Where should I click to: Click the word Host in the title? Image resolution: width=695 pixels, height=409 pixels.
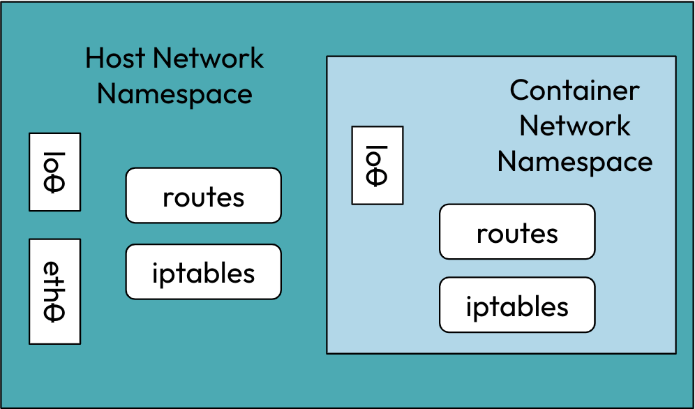click(114, 58)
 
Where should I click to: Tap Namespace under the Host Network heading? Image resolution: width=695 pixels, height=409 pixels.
click(174, 94)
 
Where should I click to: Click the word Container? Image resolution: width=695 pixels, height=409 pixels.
click(574, 90)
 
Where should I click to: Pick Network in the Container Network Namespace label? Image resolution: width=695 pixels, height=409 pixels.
click(574, 126)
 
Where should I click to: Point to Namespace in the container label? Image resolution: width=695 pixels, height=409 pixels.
click(574, 162)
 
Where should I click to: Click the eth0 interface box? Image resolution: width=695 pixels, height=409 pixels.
click(54, 292)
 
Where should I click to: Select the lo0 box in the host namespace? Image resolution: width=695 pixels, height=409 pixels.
click(54, 172)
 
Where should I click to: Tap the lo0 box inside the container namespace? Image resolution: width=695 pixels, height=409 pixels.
click(377, 165)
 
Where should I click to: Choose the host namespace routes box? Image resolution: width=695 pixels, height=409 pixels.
click(203, 195)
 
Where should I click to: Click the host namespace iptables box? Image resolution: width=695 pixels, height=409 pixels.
click(203, 272)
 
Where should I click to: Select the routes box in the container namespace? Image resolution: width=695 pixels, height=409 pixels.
click(517, 232)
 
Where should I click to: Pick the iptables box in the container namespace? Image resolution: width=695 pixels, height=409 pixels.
click(517, 305)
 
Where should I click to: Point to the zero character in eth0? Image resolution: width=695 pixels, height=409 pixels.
click(54, 313)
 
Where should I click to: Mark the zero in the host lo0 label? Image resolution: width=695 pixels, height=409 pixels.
click(54, 183)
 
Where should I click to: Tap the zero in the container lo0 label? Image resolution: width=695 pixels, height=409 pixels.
click(377, 177)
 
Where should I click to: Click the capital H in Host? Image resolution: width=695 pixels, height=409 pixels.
click(95, 58)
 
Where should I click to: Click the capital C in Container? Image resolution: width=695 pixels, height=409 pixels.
click(520, 90)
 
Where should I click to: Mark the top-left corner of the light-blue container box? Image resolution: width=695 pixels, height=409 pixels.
click(327, 57)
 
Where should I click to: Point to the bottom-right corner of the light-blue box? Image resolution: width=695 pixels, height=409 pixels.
click(675, 353)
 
